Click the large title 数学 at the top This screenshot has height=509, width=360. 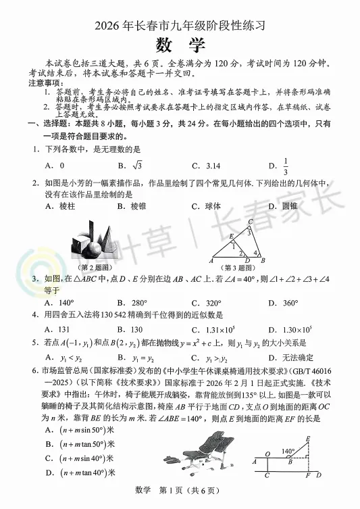(180, 45)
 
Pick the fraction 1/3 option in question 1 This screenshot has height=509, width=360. (286, 166)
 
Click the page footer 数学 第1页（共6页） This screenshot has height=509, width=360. (180, 491)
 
